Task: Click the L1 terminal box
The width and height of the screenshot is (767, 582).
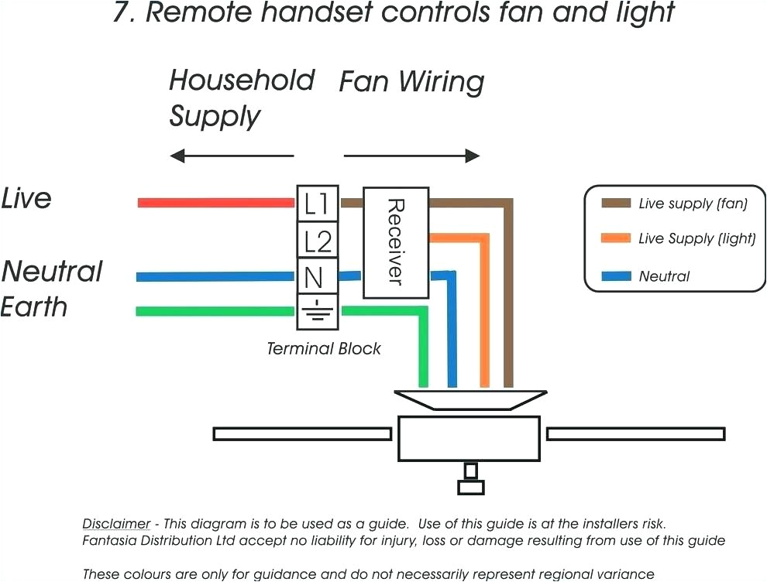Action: click(317, 204)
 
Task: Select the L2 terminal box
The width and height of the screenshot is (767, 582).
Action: click(317, 241)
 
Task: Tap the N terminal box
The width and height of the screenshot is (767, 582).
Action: click(317, 276)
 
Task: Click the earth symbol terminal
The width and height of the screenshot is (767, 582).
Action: click(317, 312)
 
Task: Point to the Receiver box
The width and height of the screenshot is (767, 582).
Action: click(396, 242)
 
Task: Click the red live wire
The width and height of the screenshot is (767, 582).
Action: click(217, 203)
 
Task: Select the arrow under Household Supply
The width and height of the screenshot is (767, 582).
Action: click(232, 156)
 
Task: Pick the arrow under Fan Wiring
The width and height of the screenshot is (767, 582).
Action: click(411, 156)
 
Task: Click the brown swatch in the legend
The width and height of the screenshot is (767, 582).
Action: click(616, 204)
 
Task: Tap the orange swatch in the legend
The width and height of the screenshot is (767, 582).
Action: click(616, 239)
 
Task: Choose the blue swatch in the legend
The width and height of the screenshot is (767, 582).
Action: click(616, 276)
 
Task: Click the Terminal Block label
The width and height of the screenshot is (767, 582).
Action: click(324, 348)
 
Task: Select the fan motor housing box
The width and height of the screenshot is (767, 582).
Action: click(469, 439)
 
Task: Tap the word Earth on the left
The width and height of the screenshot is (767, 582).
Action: click(34, 306)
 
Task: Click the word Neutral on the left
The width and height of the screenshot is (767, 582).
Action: click(52, 272)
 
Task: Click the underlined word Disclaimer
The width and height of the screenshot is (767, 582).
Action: click(116, 524)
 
